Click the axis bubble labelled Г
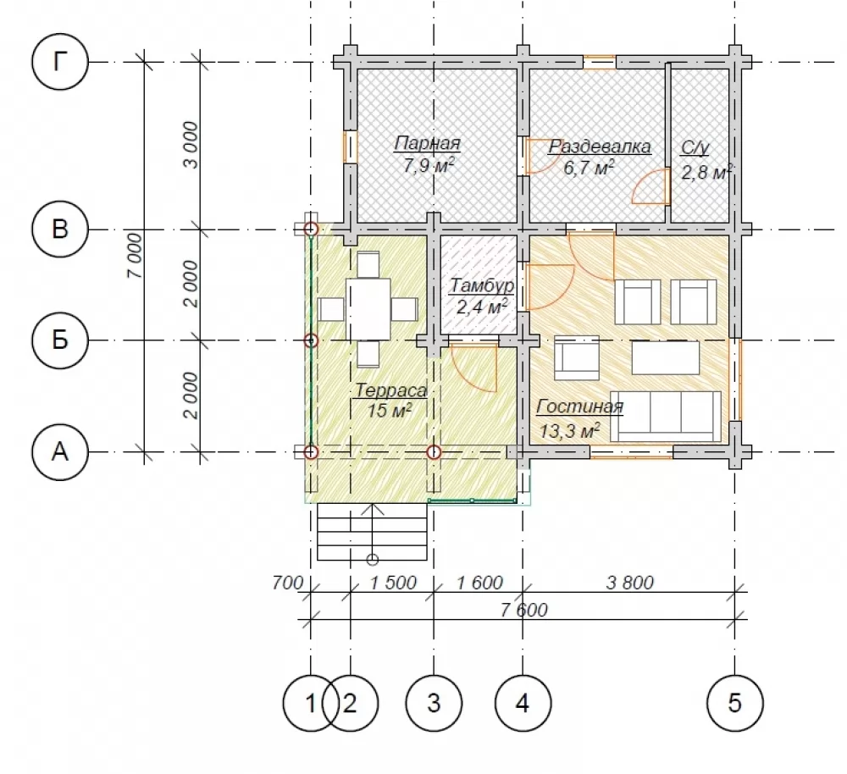tap(59, 62)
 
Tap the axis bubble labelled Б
tap(59, 340)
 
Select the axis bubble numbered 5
tap(734, 703)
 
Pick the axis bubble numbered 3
tap(434, 703)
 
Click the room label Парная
tap(427, 144)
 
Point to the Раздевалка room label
tap(600, 147)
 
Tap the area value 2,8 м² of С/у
tap(706, 173)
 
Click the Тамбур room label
tap(481, 285)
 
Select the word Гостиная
tap(579, 406)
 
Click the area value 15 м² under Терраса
tap(390, 411)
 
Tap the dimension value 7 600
tap(523, 610)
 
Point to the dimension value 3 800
tap(630, 583)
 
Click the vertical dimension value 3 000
tap(191, 145)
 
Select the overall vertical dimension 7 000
tap(135, 256)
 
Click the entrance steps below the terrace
tap(372, 532)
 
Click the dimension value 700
tap(287, 583)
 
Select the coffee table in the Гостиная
tap(666, 357)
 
